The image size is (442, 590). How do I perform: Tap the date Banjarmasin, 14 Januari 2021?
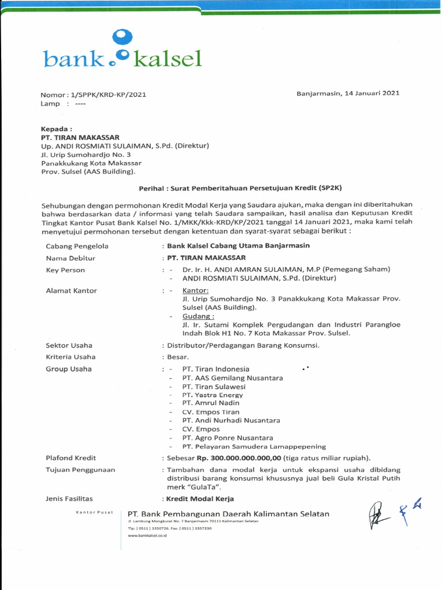pyautogui.click(x=348, y=93)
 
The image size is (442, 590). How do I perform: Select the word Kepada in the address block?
pyautogui.click(x=56, y=130)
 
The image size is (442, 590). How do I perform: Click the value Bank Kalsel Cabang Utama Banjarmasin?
pyautogui.click(x=238, y=245)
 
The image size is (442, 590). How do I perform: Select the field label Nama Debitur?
pyautogui.click(x=70, y=258)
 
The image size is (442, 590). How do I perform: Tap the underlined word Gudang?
pyautogui.click(x=199, y=316)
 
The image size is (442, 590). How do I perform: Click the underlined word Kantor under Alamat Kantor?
pyautogui.click(x=196, y=290)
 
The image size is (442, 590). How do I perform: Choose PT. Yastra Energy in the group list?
pyautogui.click(x=212, y=395)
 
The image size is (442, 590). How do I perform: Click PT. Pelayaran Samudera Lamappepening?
pyautogui.click(x=254, y=447)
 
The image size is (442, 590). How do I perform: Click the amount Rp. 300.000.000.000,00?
pyautogui.click(x=238, y=458)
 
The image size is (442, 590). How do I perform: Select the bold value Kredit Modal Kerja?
pyautogui.click(x=200, y=499)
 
